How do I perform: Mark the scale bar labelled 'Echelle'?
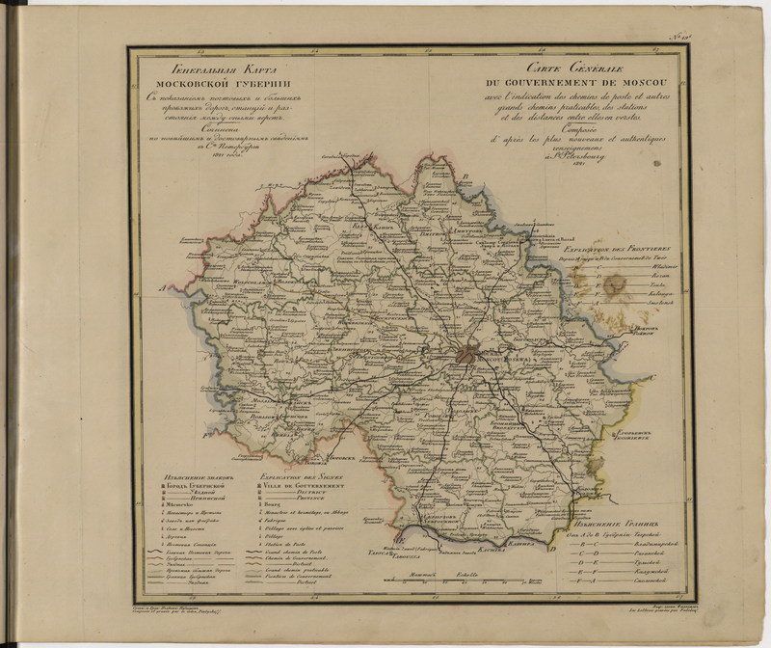click(x=463, y=580)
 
